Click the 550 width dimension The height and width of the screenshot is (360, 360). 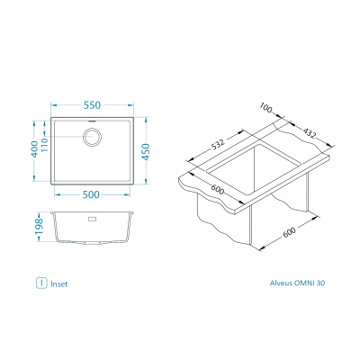coord(92,105)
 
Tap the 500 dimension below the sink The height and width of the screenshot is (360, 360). coord(91,194)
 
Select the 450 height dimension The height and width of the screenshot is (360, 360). coord(146,152)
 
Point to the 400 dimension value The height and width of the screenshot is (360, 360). coord(35,149)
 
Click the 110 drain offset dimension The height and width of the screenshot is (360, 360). coord(44,145)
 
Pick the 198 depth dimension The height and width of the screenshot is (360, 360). coord(40,227)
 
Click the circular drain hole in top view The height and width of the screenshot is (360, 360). coord(92,137)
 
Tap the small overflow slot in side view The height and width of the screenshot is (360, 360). coord(92,219)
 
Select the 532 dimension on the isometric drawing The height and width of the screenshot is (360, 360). coord(218,144)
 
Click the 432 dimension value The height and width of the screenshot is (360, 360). coord(310,133)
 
